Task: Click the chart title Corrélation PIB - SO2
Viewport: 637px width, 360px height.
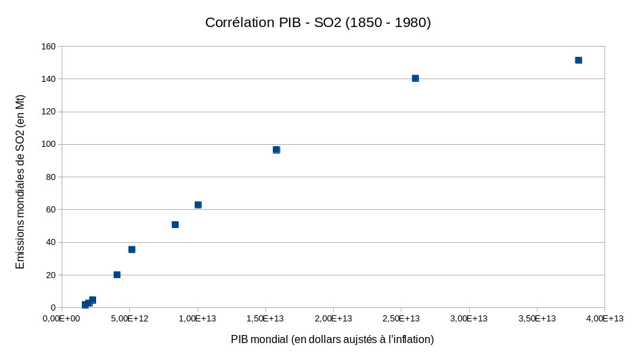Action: [317, 22]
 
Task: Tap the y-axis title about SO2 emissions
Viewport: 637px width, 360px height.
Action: [20, 181]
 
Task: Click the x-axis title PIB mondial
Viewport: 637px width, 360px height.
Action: [332, 339]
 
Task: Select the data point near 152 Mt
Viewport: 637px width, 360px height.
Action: [578, 60]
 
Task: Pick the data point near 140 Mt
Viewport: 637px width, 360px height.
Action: [415, 78]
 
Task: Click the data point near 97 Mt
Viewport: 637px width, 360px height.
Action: [276, 150]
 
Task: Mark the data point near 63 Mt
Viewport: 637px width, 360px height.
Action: [198, 205]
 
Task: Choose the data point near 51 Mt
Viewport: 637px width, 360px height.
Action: [175, 225]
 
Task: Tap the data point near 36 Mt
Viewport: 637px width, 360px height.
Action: [131, 250]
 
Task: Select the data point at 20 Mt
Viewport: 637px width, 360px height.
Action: [116, 275]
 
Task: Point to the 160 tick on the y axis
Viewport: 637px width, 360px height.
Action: [48, 47]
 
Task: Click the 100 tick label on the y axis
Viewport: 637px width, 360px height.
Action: [48, 144]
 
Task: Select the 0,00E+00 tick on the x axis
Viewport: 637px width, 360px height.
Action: [62, 319]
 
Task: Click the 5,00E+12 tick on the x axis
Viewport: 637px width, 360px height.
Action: [129, 319]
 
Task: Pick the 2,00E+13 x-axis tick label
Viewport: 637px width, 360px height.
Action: [333, 319]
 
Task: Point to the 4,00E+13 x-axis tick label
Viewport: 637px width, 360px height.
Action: [605, 319]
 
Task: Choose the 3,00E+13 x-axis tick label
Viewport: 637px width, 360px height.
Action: [468, 319]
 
